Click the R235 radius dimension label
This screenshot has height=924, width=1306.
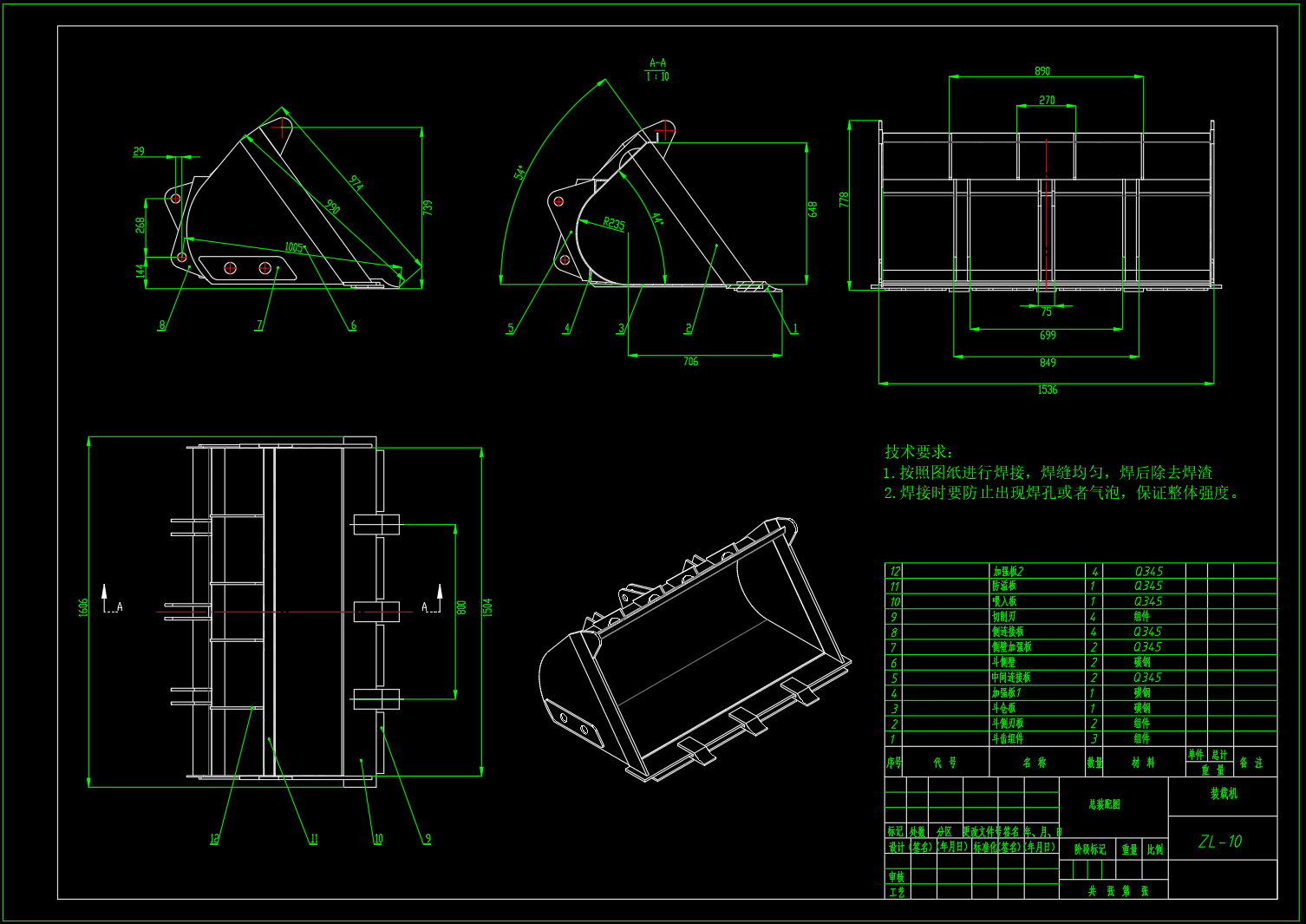coord(614,224)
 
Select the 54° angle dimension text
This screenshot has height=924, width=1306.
coord(520,173)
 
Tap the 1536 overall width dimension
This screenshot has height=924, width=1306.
coord(1048,390)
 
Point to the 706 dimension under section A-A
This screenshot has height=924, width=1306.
coord(690,362)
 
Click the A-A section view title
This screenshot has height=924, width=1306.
coord(657,62)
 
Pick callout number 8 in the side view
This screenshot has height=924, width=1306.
coord(161,326)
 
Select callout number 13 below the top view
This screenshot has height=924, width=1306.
coord(214,839)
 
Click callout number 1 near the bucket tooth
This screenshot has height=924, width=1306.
coord(794,330)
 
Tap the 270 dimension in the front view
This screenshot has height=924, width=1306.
coord(1047,101)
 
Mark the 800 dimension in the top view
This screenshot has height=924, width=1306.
coord(461,607)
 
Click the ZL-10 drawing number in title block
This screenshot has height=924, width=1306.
coord(1220,842)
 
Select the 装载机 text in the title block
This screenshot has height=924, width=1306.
coord(1224,794)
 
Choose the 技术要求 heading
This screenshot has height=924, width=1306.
coord(918,452)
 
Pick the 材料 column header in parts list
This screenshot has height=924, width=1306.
coord(1143,763)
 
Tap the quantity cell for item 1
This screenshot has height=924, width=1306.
coord(1094,739)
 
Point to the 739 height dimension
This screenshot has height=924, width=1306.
coord(428,208)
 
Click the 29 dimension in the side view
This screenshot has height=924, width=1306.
coord(139,152)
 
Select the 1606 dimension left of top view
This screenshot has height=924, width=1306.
coord(84,607)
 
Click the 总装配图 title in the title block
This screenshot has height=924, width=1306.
coord(1104,805)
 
